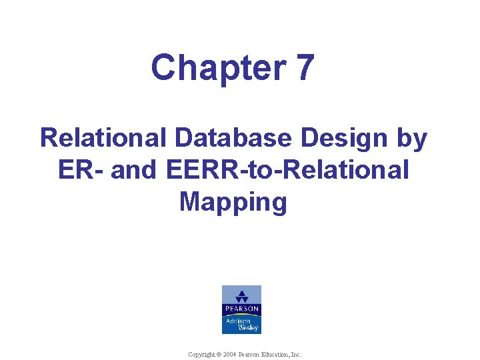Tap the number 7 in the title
[x=302, y=68]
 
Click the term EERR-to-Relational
[x=285, y=170]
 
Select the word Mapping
[x=233, y=203]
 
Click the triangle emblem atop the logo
[x=241, y=297]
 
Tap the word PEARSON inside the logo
[x=241, y=309]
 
